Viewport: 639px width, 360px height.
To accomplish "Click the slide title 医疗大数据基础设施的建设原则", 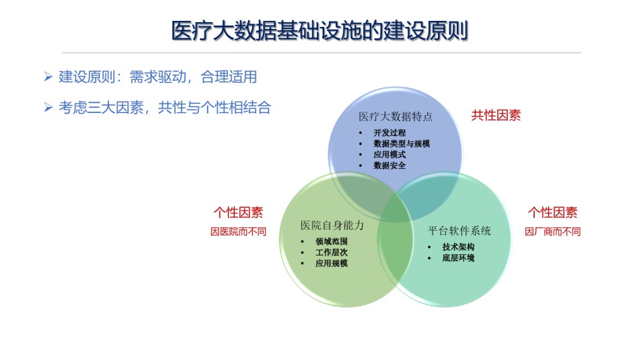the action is tap(319, 30).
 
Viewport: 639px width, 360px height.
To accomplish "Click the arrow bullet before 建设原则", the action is tap(48, 77).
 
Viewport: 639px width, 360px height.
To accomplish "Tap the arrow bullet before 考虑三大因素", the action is tap(48, 107).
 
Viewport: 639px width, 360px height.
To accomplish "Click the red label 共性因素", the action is tap(496, 115).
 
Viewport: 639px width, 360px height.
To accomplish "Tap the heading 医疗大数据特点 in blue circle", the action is tap(396, 116).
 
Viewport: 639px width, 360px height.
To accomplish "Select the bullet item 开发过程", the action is tap(389, 133).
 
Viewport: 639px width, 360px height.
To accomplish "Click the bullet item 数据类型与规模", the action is tap(402, 143).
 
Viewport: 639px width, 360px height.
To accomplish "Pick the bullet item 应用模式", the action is tap(389, 155).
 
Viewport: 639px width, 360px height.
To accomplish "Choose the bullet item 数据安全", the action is tap(389, 166).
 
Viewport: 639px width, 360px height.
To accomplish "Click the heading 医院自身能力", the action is tap(332, 225).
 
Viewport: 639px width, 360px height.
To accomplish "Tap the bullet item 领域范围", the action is tap(332, 242).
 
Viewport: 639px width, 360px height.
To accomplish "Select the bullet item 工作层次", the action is tap(332, 252).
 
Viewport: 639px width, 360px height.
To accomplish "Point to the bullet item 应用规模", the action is tap(332, 263).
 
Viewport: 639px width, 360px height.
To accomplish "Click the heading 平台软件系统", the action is tap(459, 231).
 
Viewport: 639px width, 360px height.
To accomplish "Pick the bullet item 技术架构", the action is tap(459, 247).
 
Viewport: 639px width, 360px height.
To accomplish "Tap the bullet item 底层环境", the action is tap(459, 258).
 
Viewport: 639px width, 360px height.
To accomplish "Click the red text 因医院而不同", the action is tap(238, 231).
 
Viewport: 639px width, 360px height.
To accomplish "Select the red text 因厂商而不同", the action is tap(553, 231).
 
